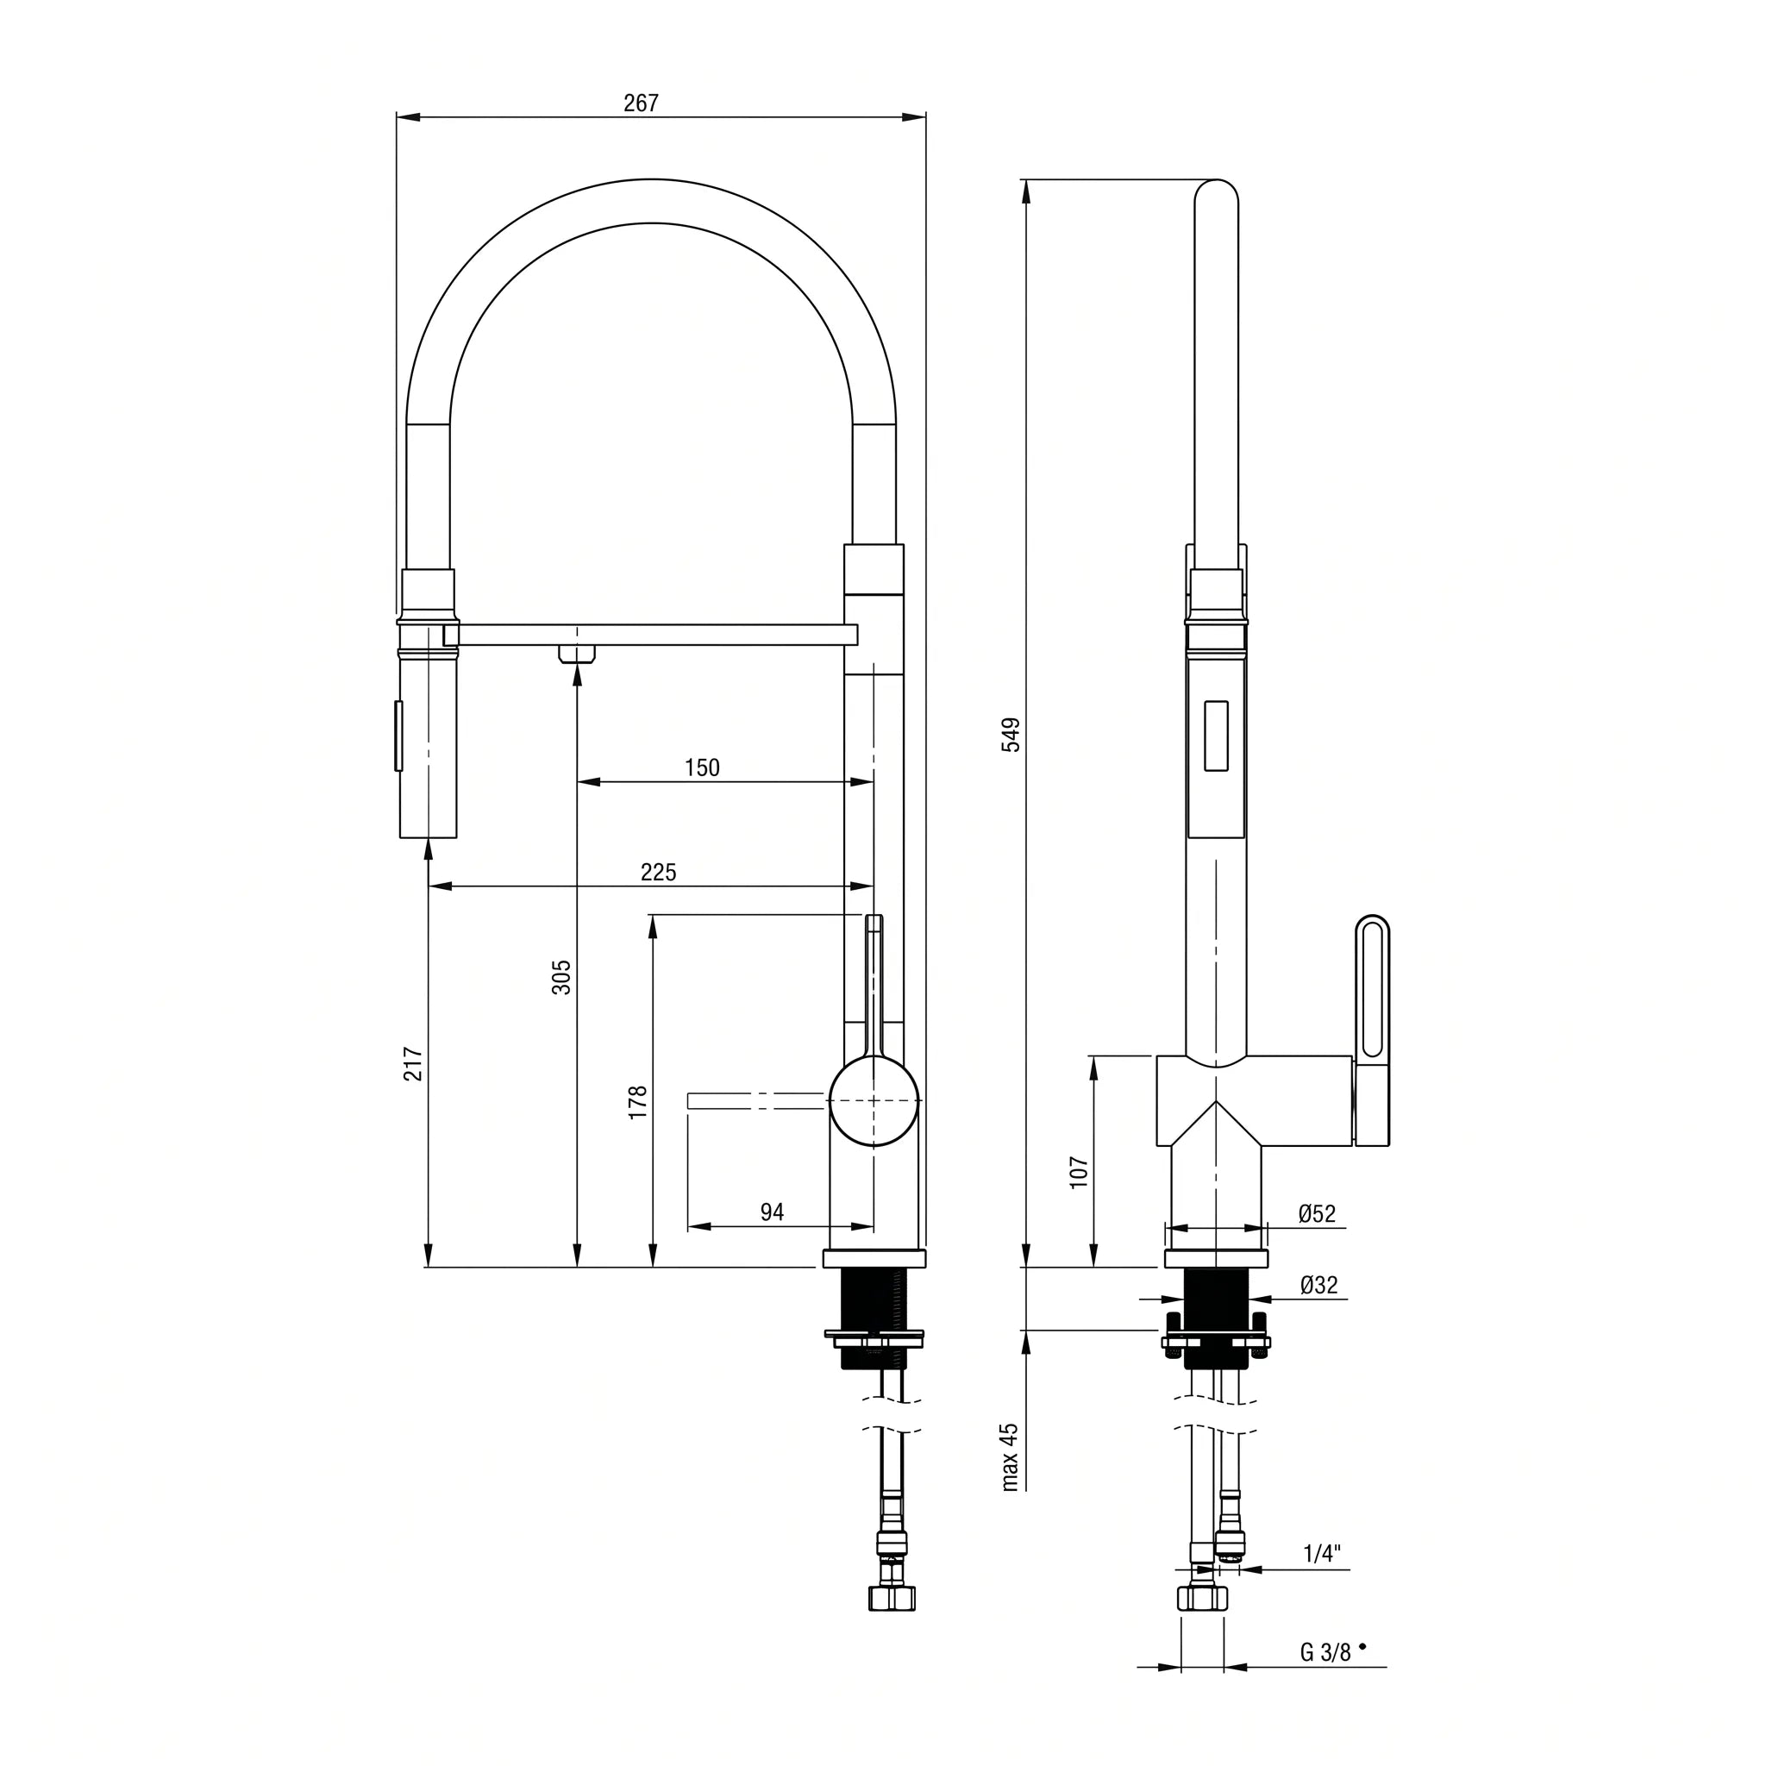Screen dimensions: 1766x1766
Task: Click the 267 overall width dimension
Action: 641,103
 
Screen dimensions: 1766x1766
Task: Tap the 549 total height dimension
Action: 1011,735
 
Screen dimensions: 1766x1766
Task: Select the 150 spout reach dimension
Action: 702,767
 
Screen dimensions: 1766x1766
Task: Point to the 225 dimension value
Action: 658,872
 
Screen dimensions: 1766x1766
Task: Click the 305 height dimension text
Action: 561,977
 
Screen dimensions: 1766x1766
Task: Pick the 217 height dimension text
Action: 413,1064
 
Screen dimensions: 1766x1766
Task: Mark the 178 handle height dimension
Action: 638,1102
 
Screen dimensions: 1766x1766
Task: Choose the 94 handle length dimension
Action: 773,1212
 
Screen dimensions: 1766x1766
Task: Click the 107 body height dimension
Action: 1080,1173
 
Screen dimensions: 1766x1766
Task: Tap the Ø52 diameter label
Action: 1318,1214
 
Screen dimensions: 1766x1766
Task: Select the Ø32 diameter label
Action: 1319,1285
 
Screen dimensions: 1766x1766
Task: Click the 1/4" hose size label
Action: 1322,1554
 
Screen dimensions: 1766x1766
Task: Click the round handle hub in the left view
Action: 873,1101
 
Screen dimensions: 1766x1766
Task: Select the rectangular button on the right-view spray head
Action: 1216,736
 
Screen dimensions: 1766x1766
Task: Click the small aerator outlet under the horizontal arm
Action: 577,654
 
